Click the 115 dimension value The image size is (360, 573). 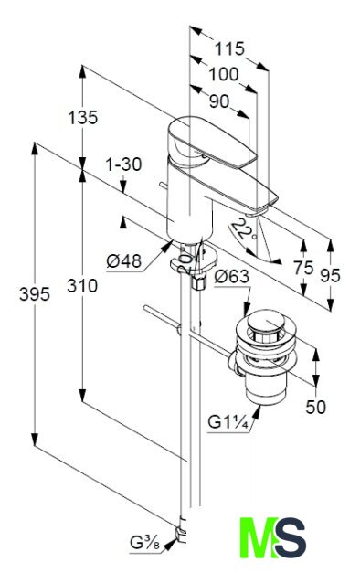[x=229, y=48]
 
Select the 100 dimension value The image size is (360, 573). [x=223, y=74]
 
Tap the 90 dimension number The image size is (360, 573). [x=219, y=101]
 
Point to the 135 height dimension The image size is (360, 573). [x=83, y=118]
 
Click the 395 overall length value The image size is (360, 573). [x=35, y=293]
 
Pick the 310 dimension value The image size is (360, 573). [x=82, y=286]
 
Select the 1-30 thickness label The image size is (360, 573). [x=123, y=164]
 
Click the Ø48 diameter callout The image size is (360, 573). [x=124, y=261]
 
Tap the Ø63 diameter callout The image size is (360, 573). [x=232, y=276]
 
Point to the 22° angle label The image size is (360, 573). [x=243, y=230]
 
